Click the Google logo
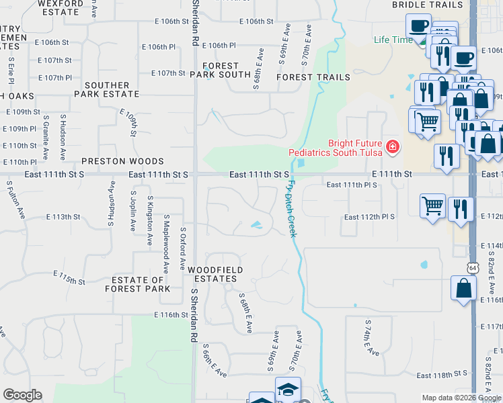point(22,395)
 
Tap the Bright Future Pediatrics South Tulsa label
point(336,148)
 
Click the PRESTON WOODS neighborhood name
point(123,161)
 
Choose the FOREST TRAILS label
point(313,77)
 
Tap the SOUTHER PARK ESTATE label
point(107,90)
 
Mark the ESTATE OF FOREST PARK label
point(137,284)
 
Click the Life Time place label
point(393,40)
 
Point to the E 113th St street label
point(63,217)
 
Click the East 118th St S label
point(442,374)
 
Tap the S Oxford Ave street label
point(182,249)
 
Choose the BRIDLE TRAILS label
point(428,5)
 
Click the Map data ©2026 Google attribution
point(461,398)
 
